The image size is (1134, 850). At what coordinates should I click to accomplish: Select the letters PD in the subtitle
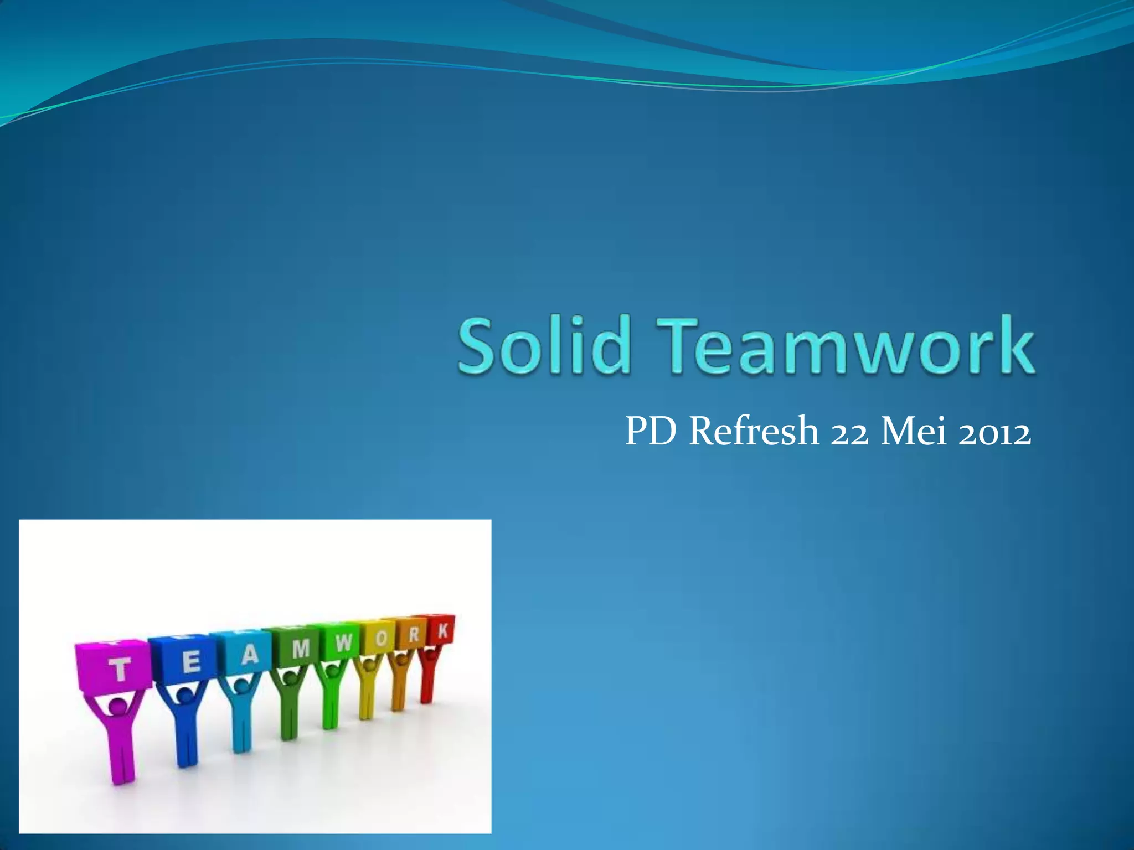651,432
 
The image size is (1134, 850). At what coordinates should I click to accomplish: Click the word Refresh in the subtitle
754,432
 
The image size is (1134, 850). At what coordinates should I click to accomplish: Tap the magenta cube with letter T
114,667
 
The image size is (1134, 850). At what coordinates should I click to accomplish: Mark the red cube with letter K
442,630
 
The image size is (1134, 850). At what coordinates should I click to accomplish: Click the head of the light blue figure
241,686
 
